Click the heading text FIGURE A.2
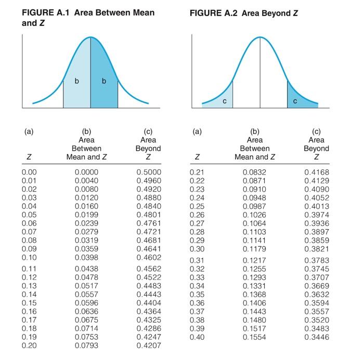point(215,12)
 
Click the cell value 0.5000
point(149,172)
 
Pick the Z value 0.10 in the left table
point(29,258)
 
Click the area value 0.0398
point(86,258)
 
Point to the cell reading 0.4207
point(149,345)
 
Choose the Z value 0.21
point(197,172)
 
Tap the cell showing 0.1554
point(254,337)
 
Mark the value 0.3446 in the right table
point(317,337)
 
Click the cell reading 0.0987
point(254,206)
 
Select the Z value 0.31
point(197,260)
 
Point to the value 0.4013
point(317,206)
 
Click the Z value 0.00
point(29,172)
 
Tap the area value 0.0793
point(86,345)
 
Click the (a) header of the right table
point(197,132)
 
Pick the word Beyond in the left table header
point(148,149)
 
